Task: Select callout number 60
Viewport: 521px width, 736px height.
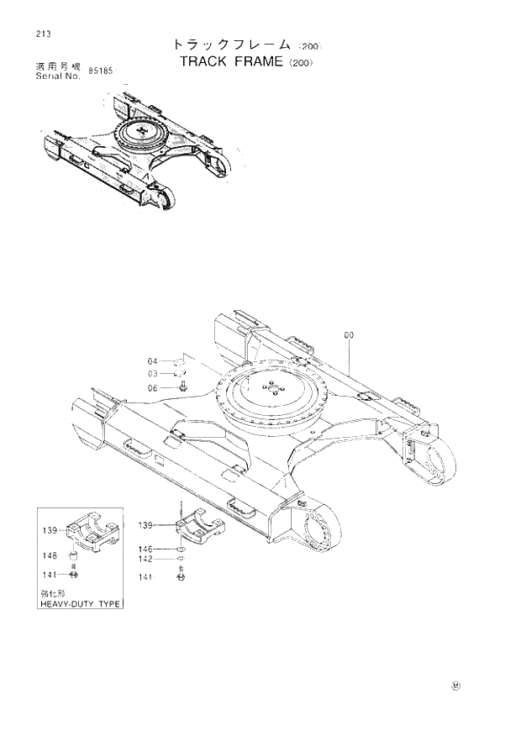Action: pyautogui.click(x=349, y=334)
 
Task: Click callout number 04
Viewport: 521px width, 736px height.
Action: pyautogui.click(x=153, y=361)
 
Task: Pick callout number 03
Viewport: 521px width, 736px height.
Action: pyautogui.click(x=153, y=374)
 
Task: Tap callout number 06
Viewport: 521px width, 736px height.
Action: pyautogui.click(x=153, y=387)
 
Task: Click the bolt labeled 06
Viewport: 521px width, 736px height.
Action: pyautogui.click(x=183, y=387)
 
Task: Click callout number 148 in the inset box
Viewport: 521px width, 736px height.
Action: pyautogui.click(x=51, y=555)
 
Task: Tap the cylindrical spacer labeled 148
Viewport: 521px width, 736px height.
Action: pyautogui.click(x=74, y=556)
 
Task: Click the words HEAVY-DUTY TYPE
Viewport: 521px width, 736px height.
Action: pyautogui.click(x=81, y=604)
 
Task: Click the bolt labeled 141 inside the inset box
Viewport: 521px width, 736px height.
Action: pyautogui.click(x=74, y=575)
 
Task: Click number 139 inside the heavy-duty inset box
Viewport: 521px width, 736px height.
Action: pyautogui.click(x=51, y=530)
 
